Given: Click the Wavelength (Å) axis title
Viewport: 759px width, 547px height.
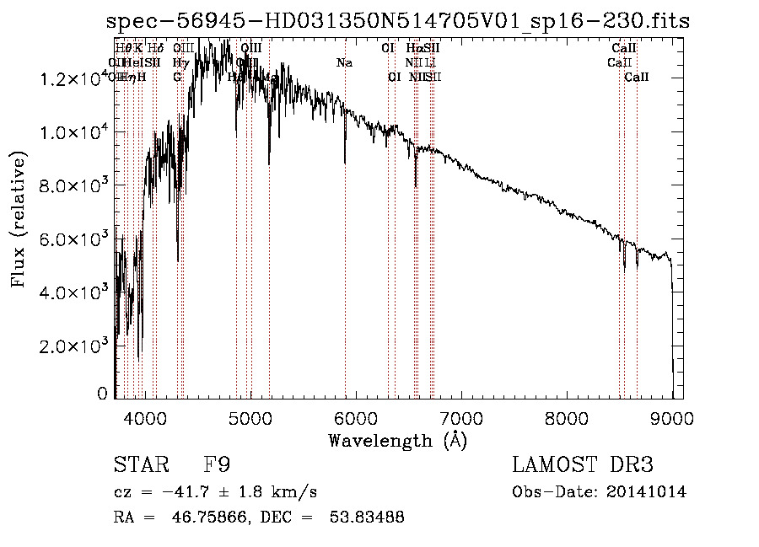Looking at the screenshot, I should pos(397,440).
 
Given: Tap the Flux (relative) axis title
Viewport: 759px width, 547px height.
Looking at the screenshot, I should pos(19,218).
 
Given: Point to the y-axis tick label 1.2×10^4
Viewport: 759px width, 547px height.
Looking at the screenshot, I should pos(73,79).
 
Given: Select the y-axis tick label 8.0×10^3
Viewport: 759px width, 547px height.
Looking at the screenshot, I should pos(73,185).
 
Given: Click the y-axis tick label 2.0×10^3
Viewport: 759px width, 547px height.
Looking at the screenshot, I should pos(73,345).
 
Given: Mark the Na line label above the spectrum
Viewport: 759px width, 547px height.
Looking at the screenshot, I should pos(344,62).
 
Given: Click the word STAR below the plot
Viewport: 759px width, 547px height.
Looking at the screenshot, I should pos(136,465).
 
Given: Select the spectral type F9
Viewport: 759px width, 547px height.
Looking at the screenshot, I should pos(218,465).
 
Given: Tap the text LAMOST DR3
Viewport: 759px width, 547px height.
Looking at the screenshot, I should pos(583,465).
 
